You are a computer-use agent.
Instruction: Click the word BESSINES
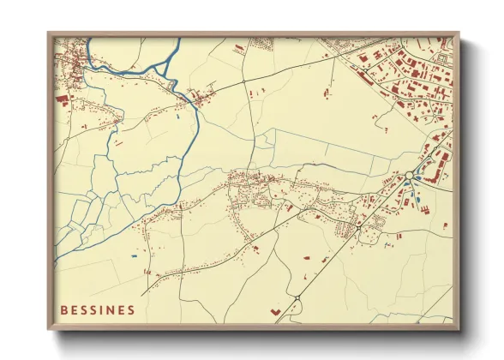pos(98,310)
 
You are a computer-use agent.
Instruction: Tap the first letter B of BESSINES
pos(64,310)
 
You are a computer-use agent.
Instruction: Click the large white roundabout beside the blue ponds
pos(411,176)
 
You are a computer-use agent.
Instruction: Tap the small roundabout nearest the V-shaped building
pos(297,297)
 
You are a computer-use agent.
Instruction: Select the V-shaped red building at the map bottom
pos(275,311)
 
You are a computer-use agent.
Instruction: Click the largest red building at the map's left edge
pos(62,99)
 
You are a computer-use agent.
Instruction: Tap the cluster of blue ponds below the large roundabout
pos(415,194)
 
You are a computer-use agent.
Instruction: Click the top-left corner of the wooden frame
pos(49,34)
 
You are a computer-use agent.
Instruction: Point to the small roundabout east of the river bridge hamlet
pos(243,81)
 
